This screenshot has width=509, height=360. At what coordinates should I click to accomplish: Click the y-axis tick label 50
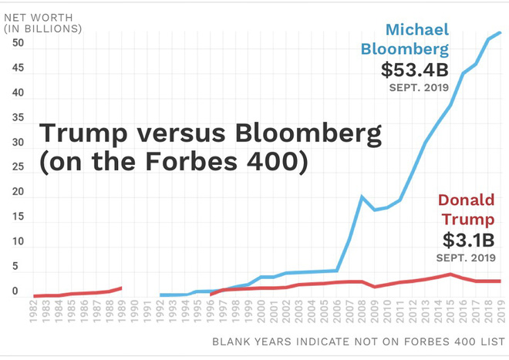pyautogui.click(x=14, y=43)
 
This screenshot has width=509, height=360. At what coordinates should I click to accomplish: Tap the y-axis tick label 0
pyautogui.click(x=14, y=291)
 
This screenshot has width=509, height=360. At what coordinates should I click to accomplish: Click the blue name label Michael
pyautogui.click(x=416, y=31)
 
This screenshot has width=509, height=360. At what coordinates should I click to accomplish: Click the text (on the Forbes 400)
pyautogui.click(x=173, y=163)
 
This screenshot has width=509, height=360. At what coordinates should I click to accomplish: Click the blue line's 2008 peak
pyautogui.click(x=362, y=197)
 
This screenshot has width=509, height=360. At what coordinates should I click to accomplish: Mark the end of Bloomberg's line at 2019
pyautogui.click(x=500, y=32)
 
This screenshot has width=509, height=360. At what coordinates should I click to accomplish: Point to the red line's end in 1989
pyautogui.click(x=122, y=288)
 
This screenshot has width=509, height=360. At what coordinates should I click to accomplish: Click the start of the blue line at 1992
pyautogui.click(x=160, y=294)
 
